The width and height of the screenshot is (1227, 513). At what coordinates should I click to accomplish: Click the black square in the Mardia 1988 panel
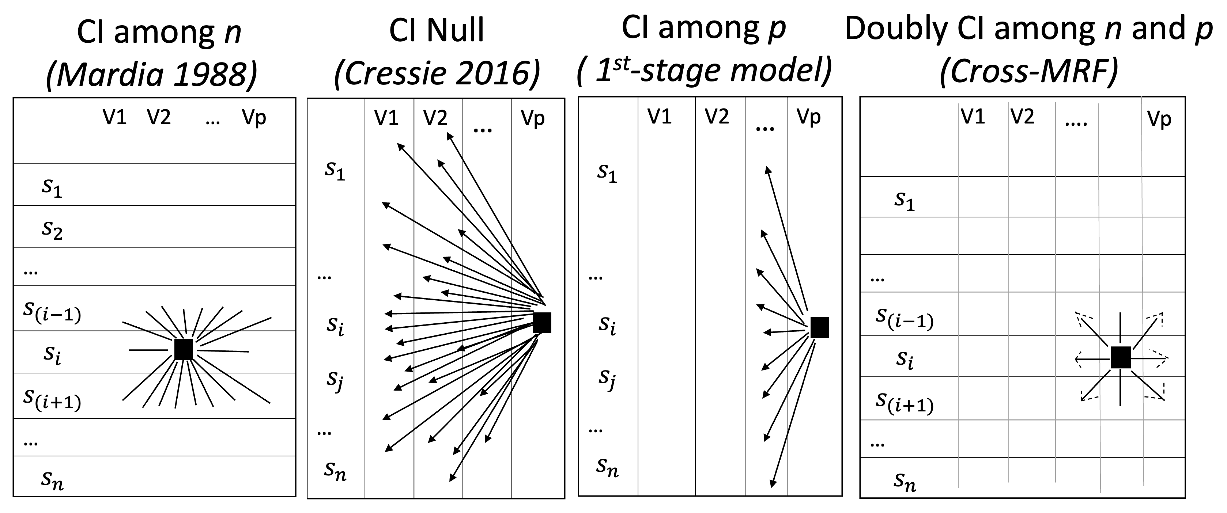tap(184, 349)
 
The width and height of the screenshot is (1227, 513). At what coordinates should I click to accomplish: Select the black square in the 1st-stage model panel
tap(820, 327)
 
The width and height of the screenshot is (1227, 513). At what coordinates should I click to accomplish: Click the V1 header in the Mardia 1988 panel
tap(115, 117)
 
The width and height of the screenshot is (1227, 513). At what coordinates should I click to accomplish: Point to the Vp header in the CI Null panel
tap(533, 118)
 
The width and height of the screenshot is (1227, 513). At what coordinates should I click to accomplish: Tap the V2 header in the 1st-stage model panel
tap(717, 117)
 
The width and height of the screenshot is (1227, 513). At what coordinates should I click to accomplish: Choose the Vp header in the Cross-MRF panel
tap(1159, 119)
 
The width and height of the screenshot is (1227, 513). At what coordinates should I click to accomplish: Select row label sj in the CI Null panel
tap(335, 380)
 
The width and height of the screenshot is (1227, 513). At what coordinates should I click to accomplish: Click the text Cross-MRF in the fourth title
tap(1029, 72)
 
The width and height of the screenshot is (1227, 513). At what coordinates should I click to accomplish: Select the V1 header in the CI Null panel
tap(386, 118)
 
